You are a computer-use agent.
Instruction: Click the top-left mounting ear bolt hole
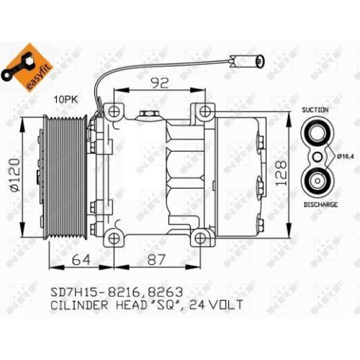(112, 112)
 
